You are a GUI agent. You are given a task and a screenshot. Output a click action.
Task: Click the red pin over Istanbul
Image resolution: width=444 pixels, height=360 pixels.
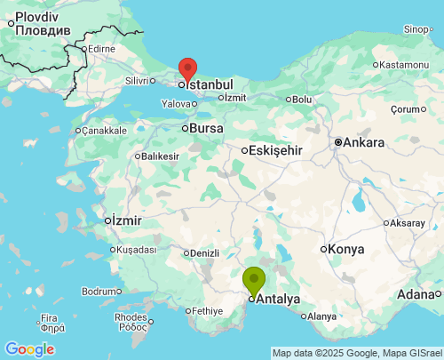(x=187, y=69)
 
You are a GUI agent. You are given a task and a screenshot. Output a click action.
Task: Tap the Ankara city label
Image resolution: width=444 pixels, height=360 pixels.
(x=364, y=142)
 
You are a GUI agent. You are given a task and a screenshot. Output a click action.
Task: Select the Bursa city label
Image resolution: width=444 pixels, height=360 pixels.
(x=206, y=129)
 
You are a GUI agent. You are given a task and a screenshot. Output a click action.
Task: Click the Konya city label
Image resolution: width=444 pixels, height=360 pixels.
(x=345, y=249)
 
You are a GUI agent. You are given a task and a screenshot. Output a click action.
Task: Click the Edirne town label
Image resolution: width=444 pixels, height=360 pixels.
(x=102, y=48)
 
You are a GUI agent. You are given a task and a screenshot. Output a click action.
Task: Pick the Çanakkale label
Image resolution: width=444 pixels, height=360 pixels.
(x=105, y=131)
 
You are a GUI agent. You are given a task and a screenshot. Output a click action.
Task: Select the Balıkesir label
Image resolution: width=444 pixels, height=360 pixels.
(x=160, y=156)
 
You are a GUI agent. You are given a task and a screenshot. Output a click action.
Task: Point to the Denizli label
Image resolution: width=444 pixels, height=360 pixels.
(x=204, y=253)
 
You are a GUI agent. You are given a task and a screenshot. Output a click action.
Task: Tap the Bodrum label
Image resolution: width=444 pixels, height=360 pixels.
(x=98, y=291)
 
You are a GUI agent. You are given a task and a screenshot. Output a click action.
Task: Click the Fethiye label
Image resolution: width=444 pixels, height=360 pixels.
(x=207, y=311)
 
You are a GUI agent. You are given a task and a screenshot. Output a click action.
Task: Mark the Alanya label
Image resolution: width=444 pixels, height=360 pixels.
(x=321, y=316)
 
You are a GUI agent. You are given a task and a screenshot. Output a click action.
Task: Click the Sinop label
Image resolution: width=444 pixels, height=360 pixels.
(x=416, y=29)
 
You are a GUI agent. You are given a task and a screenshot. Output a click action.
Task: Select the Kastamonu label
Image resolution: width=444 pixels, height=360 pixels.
(x=403, y=65)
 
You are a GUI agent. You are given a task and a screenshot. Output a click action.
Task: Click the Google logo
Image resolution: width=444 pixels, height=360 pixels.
(x=28, y=349)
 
